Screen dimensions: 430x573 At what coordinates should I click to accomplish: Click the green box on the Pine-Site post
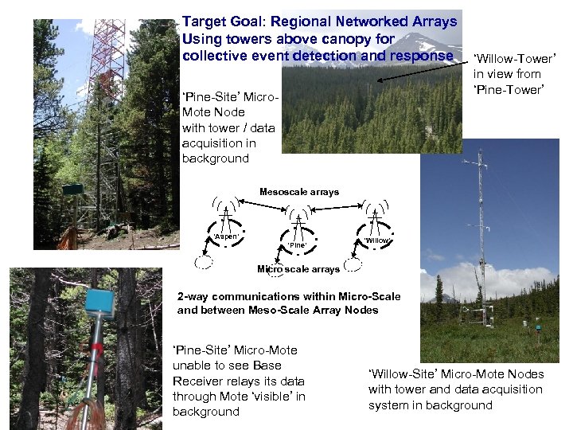(x=73, y=189)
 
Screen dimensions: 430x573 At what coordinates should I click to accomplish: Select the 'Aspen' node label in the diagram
(x=227, y=236)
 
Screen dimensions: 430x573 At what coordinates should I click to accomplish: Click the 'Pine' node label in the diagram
(x=297, y=244)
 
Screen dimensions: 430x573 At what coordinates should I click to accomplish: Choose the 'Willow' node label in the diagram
(x=376, y=240)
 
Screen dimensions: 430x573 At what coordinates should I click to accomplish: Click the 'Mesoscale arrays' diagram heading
(x=299, y=192)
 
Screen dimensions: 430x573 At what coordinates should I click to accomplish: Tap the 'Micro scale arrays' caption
(x=298, y=269)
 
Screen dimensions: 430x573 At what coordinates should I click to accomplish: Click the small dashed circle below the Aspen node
(x=205, y=260)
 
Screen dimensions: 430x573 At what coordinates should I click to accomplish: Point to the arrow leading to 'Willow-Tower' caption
(x=422, y=70)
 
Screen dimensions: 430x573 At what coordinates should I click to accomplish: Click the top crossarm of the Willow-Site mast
(x=480, y=167)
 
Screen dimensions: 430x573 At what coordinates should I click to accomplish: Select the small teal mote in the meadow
(x=538, y=327)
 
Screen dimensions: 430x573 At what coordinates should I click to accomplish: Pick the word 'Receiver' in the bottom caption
(x=201, y=381)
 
